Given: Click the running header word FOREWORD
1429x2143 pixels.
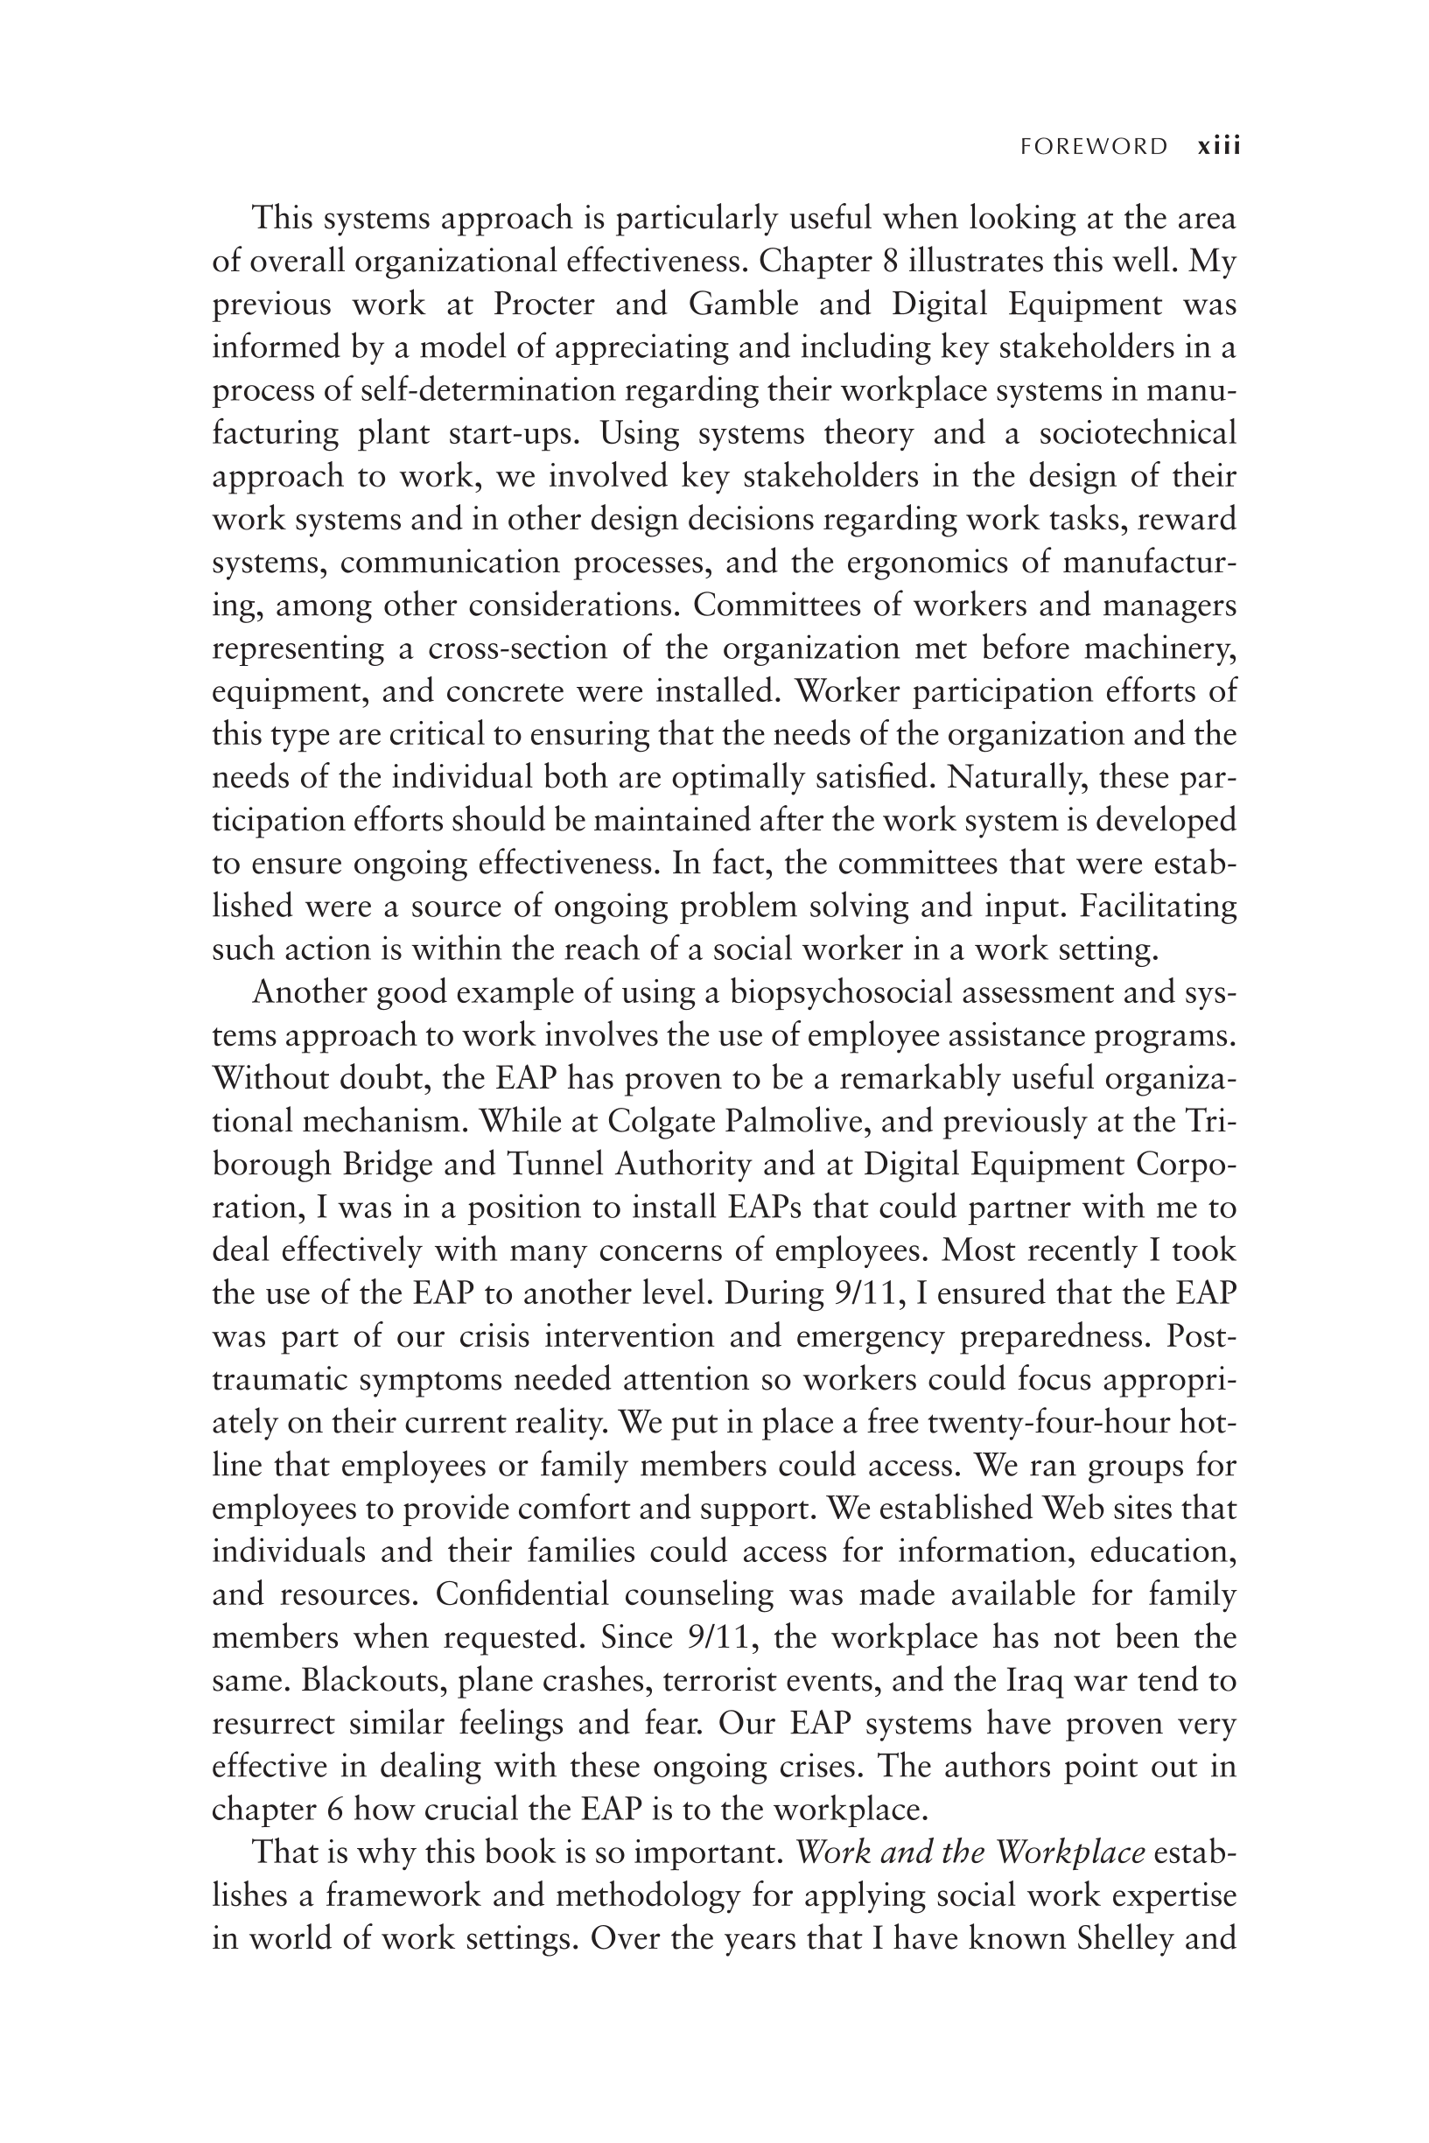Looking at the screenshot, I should tap(1094, 147).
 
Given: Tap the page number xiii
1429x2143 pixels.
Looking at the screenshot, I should tap(1218, 147).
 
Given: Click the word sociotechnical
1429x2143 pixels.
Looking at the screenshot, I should tap(1138, 434).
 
